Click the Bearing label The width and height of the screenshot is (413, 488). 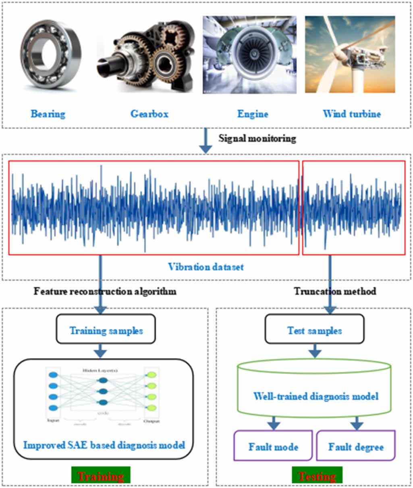pos(48,114)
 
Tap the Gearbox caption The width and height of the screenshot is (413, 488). pos(149,114)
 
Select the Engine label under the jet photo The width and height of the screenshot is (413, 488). pos(253,114)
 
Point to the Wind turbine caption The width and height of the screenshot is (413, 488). pos(352,114)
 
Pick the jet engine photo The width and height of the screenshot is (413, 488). pos(249,55)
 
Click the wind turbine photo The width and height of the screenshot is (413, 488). pos(350,54)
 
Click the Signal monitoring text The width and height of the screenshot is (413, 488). pos(257,139)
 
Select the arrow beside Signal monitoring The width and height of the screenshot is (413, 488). pos(206,141)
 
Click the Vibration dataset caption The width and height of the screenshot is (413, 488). pos(206,267)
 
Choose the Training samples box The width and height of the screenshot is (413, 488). pos(106,331)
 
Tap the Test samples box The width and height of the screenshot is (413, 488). pos(314,331)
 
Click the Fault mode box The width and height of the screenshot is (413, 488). pos(273,446)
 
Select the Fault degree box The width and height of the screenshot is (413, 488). pos(356,446)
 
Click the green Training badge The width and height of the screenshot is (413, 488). pos(101,476)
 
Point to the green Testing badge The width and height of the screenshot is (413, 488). pos(317,476)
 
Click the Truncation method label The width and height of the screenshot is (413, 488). pos(335,291)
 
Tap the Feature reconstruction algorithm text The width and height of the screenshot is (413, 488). pos(105,291)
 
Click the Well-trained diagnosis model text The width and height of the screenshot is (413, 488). pos(315,397)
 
